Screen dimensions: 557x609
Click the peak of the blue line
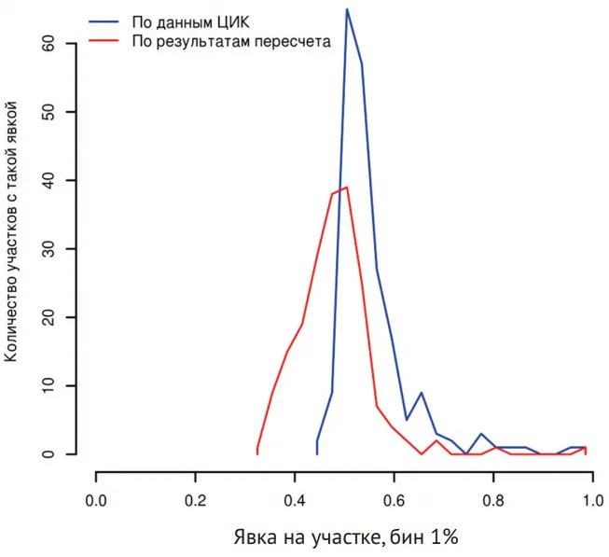pos(347,9)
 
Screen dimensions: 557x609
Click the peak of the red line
pos(347,187)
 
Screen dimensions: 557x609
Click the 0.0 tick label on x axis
pos(96,499)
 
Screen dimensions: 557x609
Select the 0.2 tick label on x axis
pos(195,499)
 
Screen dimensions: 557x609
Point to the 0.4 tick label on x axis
pos(295,499)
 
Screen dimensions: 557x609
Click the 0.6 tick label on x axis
pos(394,499)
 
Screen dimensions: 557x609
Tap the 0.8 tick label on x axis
pos(493,499)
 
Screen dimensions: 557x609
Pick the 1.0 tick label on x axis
pos(592,499)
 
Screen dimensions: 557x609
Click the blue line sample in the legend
pos(106,20)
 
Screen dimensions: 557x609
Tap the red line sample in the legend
pos(106,41)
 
